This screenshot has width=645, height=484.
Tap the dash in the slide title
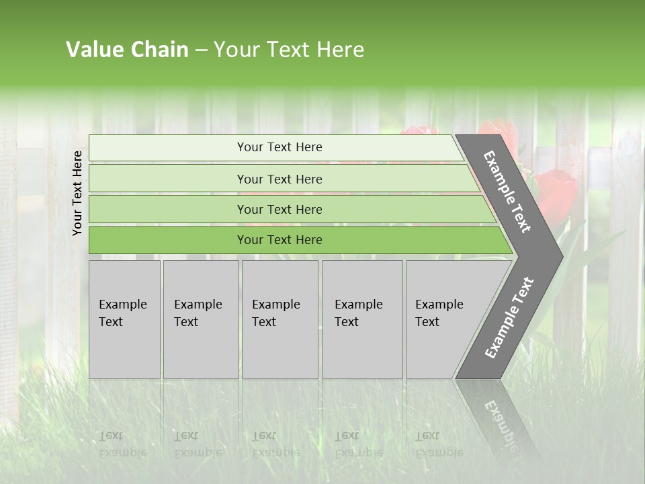201,50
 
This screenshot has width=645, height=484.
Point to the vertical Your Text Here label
77,193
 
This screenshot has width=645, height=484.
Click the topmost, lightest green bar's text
279,147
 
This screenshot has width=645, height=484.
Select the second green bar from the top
279,179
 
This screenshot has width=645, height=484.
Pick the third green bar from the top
279,209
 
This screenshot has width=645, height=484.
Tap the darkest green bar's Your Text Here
279,240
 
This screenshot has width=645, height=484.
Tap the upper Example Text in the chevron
507,192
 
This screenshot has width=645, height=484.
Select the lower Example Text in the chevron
509,317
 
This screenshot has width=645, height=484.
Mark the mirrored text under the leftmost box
123,444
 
